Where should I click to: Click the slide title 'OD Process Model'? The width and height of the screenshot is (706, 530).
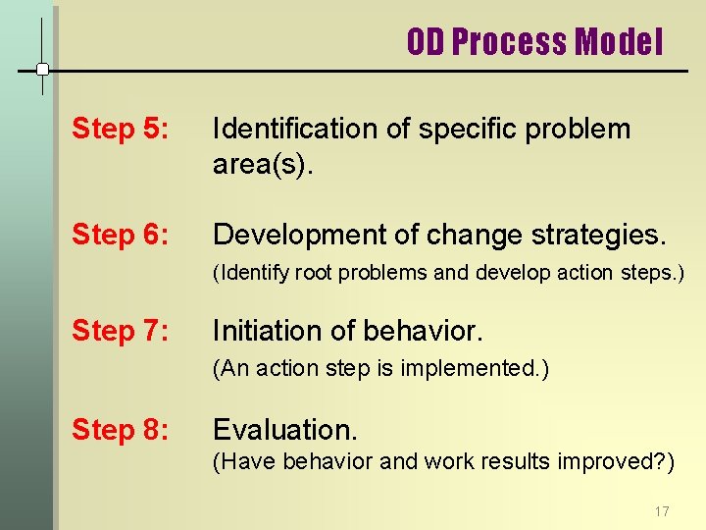pos(534,42)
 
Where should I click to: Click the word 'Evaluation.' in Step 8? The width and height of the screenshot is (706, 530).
pos(285,430)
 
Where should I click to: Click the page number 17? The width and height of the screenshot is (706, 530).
pos(661,511)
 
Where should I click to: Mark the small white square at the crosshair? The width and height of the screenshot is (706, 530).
pos(42,70)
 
